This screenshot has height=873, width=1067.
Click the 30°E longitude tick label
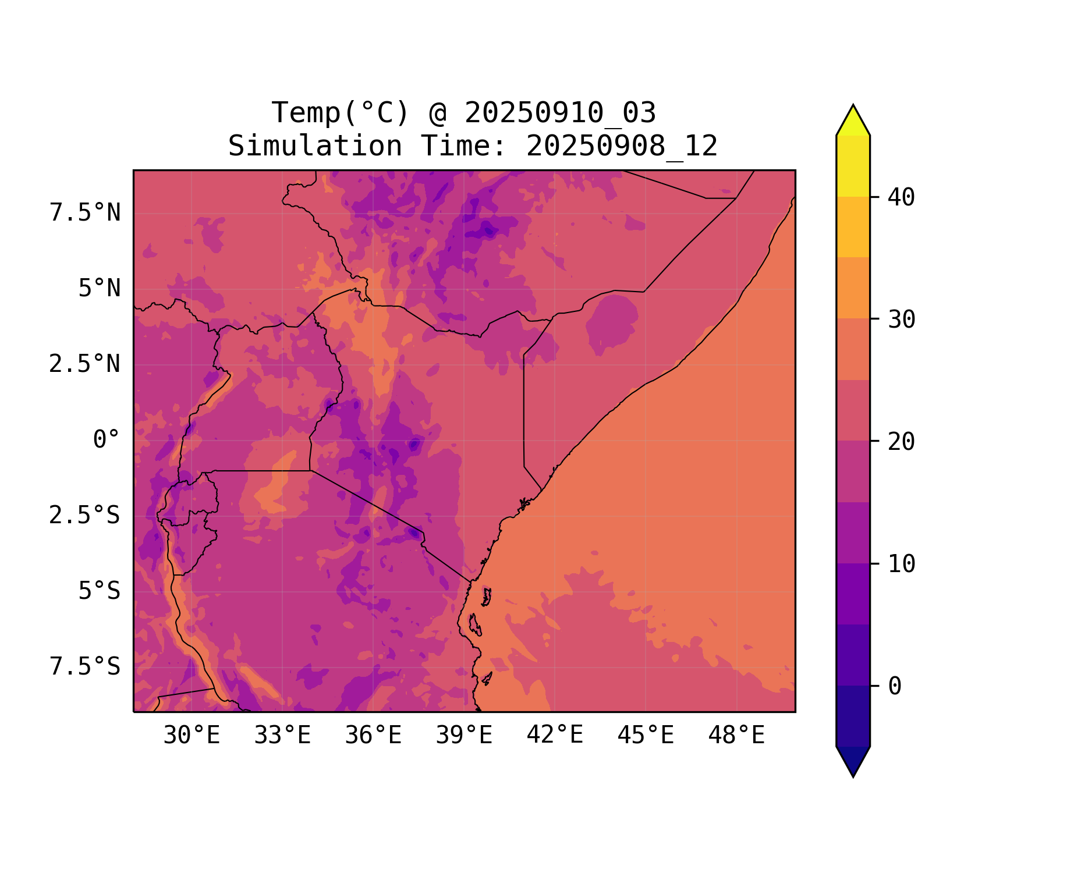point(192,736)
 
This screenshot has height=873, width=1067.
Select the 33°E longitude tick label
point(282,736)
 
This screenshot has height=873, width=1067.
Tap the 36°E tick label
point(373,736)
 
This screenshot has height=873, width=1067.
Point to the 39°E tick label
point(464,736)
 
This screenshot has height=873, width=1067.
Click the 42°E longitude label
point(555,735)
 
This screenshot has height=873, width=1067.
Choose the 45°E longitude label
point(646,736)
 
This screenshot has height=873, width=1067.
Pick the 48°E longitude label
point(736,736)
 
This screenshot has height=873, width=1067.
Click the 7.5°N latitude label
point(85,213)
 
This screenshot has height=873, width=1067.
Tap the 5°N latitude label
point(100,289)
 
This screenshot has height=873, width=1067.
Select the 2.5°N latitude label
point(85,364)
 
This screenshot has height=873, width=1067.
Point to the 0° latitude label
point(107,440)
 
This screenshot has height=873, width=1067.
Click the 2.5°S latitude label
point(85,516)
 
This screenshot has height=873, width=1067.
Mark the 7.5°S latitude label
point(85,667)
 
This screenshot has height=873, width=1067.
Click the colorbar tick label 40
point(901,197)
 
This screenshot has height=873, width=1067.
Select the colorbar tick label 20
point(901,442)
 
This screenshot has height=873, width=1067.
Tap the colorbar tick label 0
point(895,687)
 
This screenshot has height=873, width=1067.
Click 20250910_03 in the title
point(560,113)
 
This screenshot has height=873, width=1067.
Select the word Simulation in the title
point(315,146)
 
